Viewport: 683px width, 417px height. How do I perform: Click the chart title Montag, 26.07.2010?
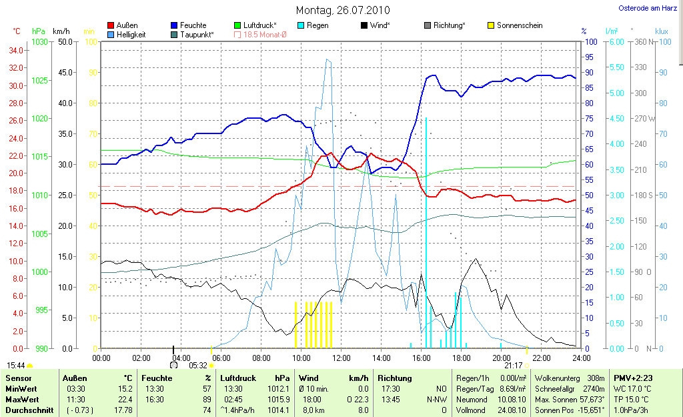click(343, 11)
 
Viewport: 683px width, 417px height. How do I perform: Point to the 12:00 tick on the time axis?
click(341, 358)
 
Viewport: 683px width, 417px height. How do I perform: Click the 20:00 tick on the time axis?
click(501, 358)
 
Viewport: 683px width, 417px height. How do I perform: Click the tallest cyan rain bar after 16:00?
click(426, 234)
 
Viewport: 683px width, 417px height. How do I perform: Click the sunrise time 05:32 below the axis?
click(198, 366)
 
